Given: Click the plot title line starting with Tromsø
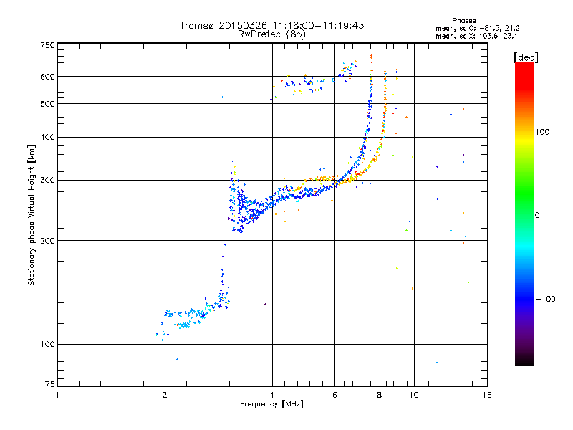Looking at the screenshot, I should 272,25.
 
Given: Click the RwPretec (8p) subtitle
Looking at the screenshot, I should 272,34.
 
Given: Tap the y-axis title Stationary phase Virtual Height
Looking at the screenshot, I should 32,215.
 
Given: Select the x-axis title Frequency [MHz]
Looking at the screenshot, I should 271,403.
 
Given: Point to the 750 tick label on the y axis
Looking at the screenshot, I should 47,45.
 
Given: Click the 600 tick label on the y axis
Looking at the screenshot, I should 47,76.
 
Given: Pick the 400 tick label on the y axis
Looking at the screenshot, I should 47,137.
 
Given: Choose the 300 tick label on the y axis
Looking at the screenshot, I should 47,180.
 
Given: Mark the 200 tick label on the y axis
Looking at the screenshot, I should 47,240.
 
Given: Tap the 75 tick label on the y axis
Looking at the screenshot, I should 49,387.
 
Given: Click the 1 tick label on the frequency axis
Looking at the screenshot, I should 57,395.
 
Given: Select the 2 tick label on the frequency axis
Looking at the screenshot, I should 165,395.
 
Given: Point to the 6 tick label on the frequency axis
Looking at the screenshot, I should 334,395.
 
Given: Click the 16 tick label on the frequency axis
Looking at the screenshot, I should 486,395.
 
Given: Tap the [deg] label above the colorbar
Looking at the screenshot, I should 526,57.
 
